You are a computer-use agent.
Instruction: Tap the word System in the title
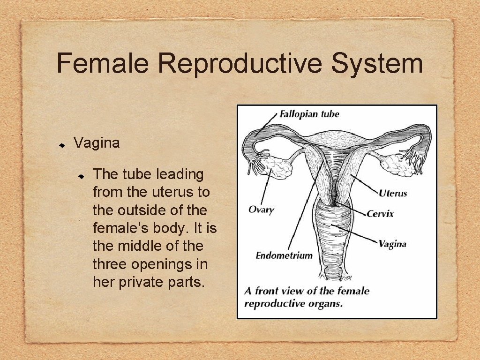pos(377,64)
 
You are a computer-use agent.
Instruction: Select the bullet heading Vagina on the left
pos(97,142)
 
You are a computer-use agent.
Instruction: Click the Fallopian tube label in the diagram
pos(309,114)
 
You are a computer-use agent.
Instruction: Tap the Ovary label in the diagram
pos(261,209)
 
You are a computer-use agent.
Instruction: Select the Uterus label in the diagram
pos(393,193)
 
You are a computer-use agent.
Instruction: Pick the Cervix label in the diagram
pos(380,214)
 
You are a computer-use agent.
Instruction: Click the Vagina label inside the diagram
pos(392,244)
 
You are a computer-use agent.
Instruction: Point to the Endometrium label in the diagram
pos(284,255)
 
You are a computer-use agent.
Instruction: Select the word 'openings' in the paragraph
pos(169,264)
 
